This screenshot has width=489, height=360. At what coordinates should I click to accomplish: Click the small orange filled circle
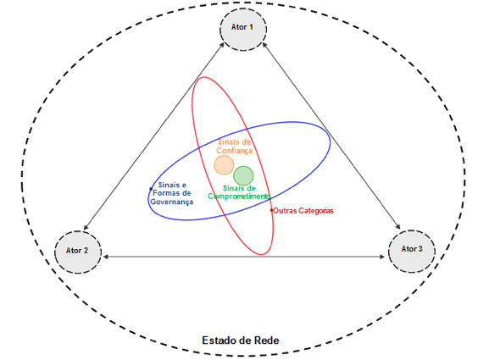[224, 165]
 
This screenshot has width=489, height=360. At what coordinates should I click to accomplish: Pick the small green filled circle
[243, 176]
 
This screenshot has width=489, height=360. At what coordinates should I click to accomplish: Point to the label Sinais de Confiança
[234, 147]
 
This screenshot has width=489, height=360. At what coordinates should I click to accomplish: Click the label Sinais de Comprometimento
[239, 192]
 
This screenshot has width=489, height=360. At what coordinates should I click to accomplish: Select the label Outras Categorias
[303, 211]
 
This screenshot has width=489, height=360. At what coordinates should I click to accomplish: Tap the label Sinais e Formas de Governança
[172, 193]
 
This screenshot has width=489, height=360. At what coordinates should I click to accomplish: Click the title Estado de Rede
[241, 341]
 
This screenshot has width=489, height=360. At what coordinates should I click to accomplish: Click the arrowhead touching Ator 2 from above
[86, 227]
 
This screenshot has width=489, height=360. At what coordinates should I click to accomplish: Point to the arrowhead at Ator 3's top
[397, 226]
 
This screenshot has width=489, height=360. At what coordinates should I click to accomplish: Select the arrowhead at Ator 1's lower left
[222, 45]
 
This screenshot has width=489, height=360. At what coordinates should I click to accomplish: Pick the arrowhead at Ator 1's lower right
[264, 46]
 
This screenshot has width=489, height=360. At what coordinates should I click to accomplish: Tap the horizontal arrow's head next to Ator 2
[105, 257]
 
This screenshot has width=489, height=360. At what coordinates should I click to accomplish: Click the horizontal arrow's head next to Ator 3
[382, 257]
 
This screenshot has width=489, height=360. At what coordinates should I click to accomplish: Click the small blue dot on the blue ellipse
[151, 189]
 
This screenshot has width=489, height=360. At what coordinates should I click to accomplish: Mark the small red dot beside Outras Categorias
[272, 210]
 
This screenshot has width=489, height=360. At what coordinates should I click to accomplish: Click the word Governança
[172, 202]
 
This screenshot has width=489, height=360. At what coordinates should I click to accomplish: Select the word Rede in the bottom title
[267, 341]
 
